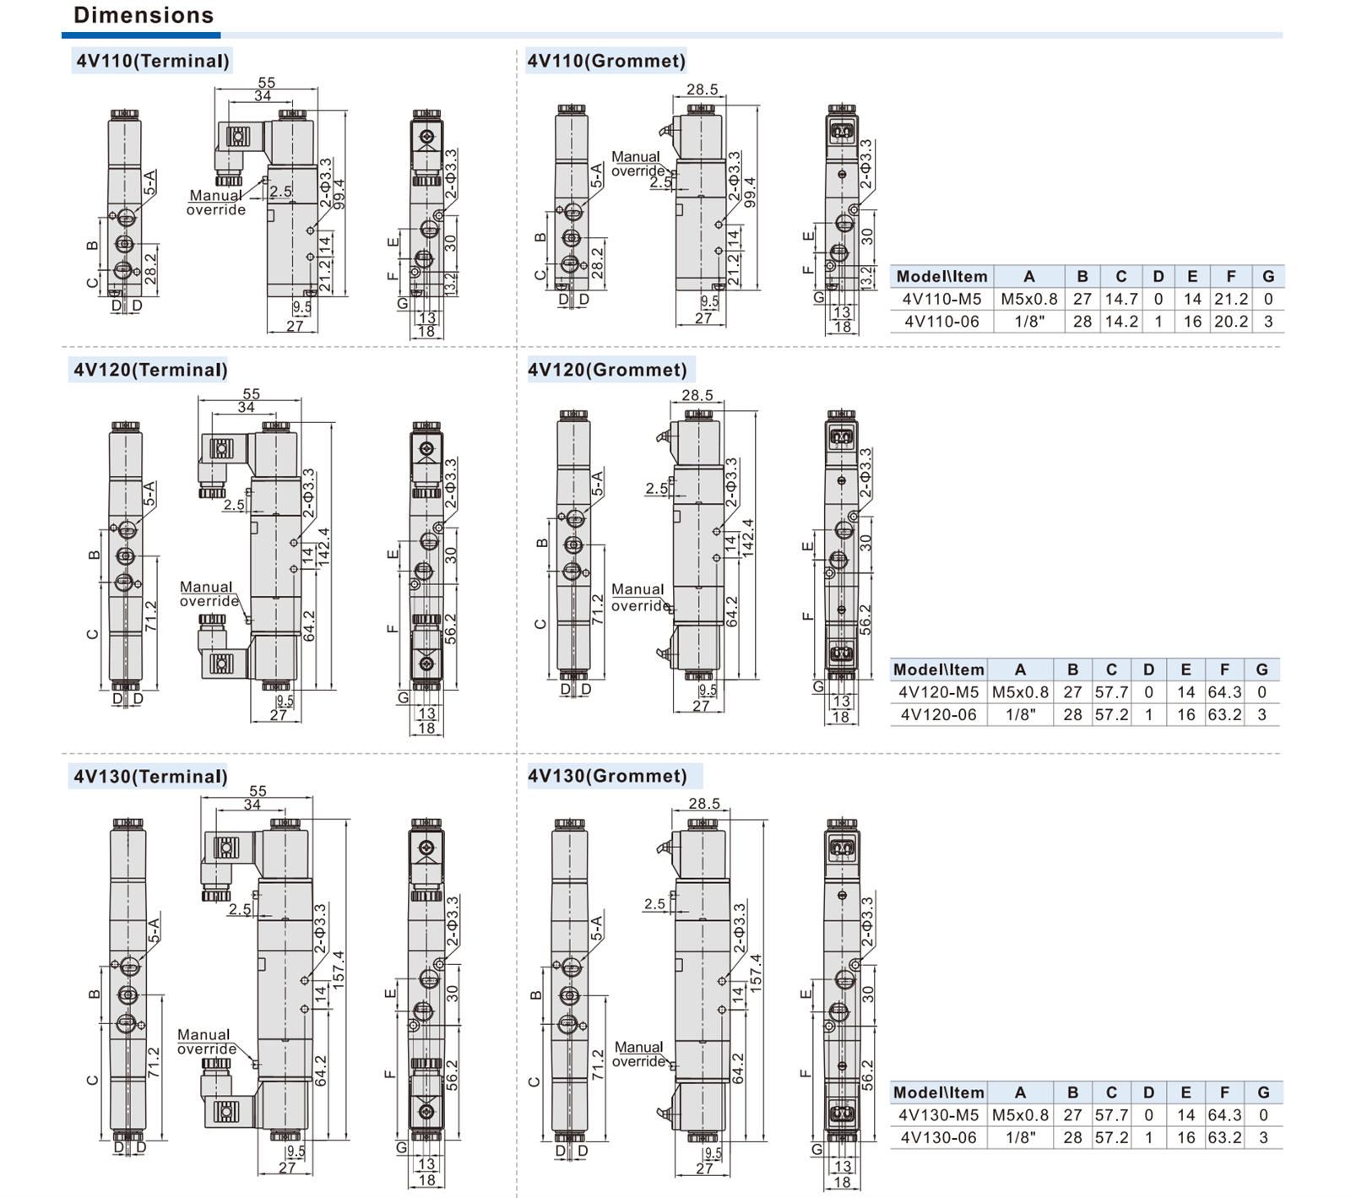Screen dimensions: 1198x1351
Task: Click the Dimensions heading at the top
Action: [x=144, y=15]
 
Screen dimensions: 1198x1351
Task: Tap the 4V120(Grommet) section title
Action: [x=607, y=370]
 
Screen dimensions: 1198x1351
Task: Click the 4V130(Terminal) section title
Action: [x=150, y=777]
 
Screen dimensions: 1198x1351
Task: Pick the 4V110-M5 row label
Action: [x=941, y=299]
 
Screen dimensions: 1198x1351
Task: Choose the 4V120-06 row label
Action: [x=938, y=715]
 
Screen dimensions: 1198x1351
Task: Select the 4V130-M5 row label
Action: [x=938, y=1115]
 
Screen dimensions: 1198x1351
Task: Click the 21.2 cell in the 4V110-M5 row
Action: [x=1230, y=299]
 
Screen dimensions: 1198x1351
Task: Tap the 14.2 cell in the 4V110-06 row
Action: [x=1121, y=322]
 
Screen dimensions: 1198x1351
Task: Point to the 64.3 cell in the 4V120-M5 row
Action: [x=1224, y=692]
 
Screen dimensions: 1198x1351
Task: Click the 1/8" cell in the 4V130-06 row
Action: [x=1020, y=1138]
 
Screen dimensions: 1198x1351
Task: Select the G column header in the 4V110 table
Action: [x=1267, y=276]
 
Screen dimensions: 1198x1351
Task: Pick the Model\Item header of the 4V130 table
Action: [x=939, y=1092]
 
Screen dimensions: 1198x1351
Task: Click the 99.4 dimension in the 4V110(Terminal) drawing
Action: [x=339, y=194]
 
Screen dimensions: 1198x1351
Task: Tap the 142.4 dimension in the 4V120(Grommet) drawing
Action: [x=747, y=538]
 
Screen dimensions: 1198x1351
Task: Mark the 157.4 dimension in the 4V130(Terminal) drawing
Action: [x=339, y=971]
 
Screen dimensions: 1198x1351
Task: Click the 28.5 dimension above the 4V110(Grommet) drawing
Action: [x=702, y=89]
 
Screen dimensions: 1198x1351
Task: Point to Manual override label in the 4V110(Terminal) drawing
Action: [x=216, y=203]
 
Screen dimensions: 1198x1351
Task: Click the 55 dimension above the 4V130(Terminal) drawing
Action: [x=258, y=791]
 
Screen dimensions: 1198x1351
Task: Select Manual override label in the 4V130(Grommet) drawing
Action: [x=639, y=1054]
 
